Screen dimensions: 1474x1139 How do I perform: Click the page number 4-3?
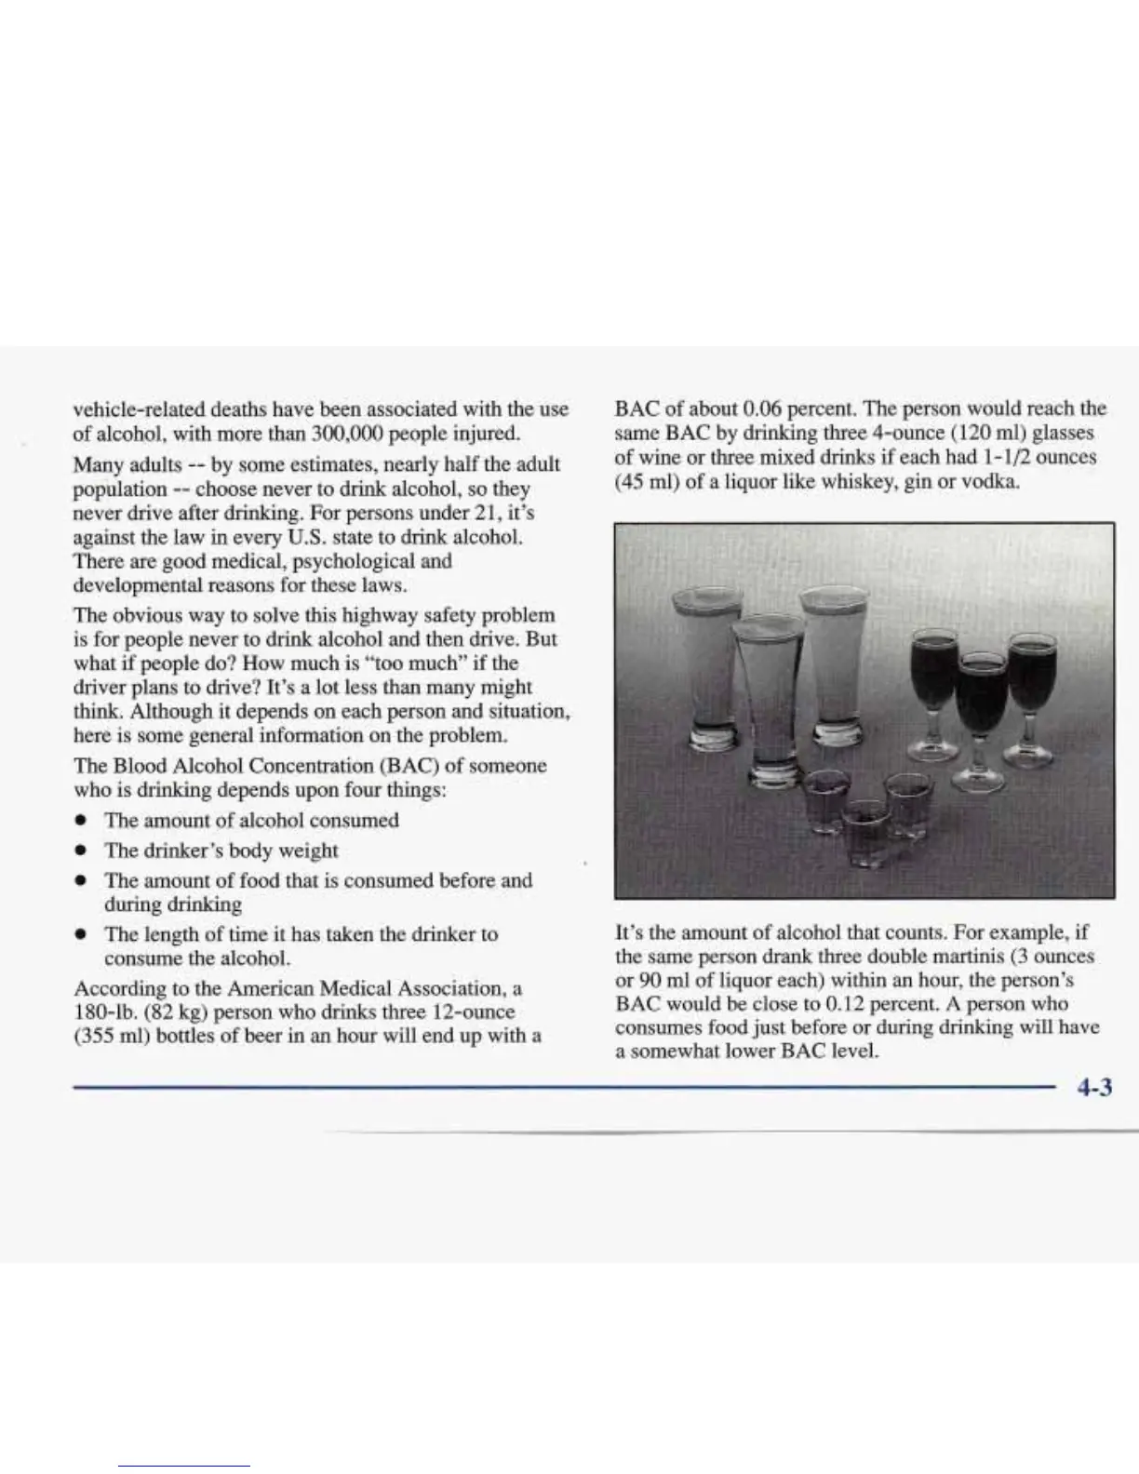point(1094,1087)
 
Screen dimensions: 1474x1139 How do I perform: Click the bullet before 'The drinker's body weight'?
point(84,851)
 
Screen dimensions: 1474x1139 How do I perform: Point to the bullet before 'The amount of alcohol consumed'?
point(84,822)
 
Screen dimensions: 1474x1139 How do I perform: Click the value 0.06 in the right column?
point(766,409)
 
